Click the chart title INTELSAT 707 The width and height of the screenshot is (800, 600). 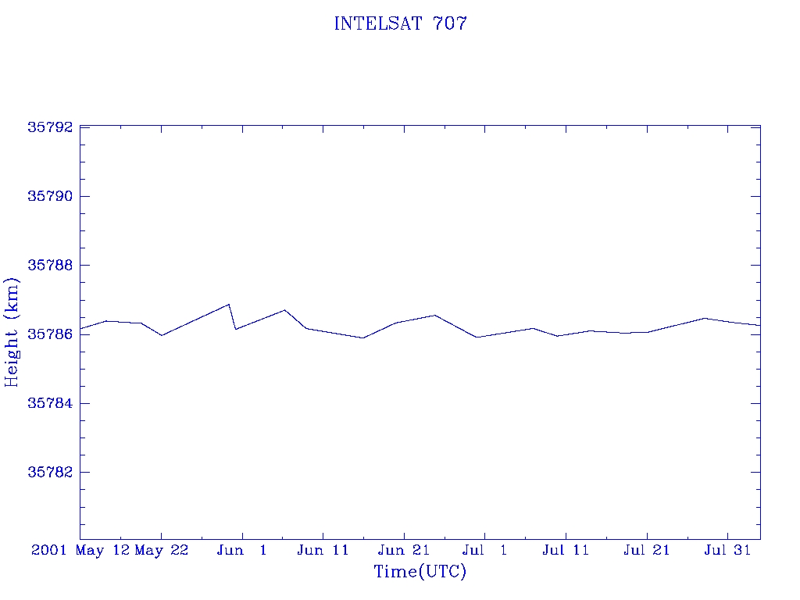tap(401, 23)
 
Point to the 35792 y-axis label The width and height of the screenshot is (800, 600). tap(50, 127)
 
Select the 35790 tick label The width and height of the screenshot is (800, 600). tap(50, 196)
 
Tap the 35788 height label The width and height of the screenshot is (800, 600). tap(50, 266)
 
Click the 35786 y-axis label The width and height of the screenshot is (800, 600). tap(50, 334)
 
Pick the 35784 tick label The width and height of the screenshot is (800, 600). tap(50, 403)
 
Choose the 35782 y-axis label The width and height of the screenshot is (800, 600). tap(50, 472)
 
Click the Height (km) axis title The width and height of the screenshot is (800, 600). tap(11, 333)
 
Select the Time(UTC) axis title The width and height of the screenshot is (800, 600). tap(420, 571)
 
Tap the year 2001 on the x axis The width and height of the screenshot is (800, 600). tap(49, 550)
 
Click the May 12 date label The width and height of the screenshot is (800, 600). tap(102, 551)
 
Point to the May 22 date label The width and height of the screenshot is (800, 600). tap(162, 551)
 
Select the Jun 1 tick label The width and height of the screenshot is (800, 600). tap(242, 550)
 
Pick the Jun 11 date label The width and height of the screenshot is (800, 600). tap(323, 550)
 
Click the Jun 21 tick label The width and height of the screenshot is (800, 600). tap(404, 550)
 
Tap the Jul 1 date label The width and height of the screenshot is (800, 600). tap(484, 550)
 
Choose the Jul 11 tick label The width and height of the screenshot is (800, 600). tap(566, 550)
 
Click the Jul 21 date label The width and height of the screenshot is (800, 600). tap(646, 550)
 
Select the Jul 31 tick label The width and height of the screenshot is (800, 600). tap(727, 550)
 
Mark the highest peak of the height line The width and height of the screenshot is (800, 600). tap(229, 305)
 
